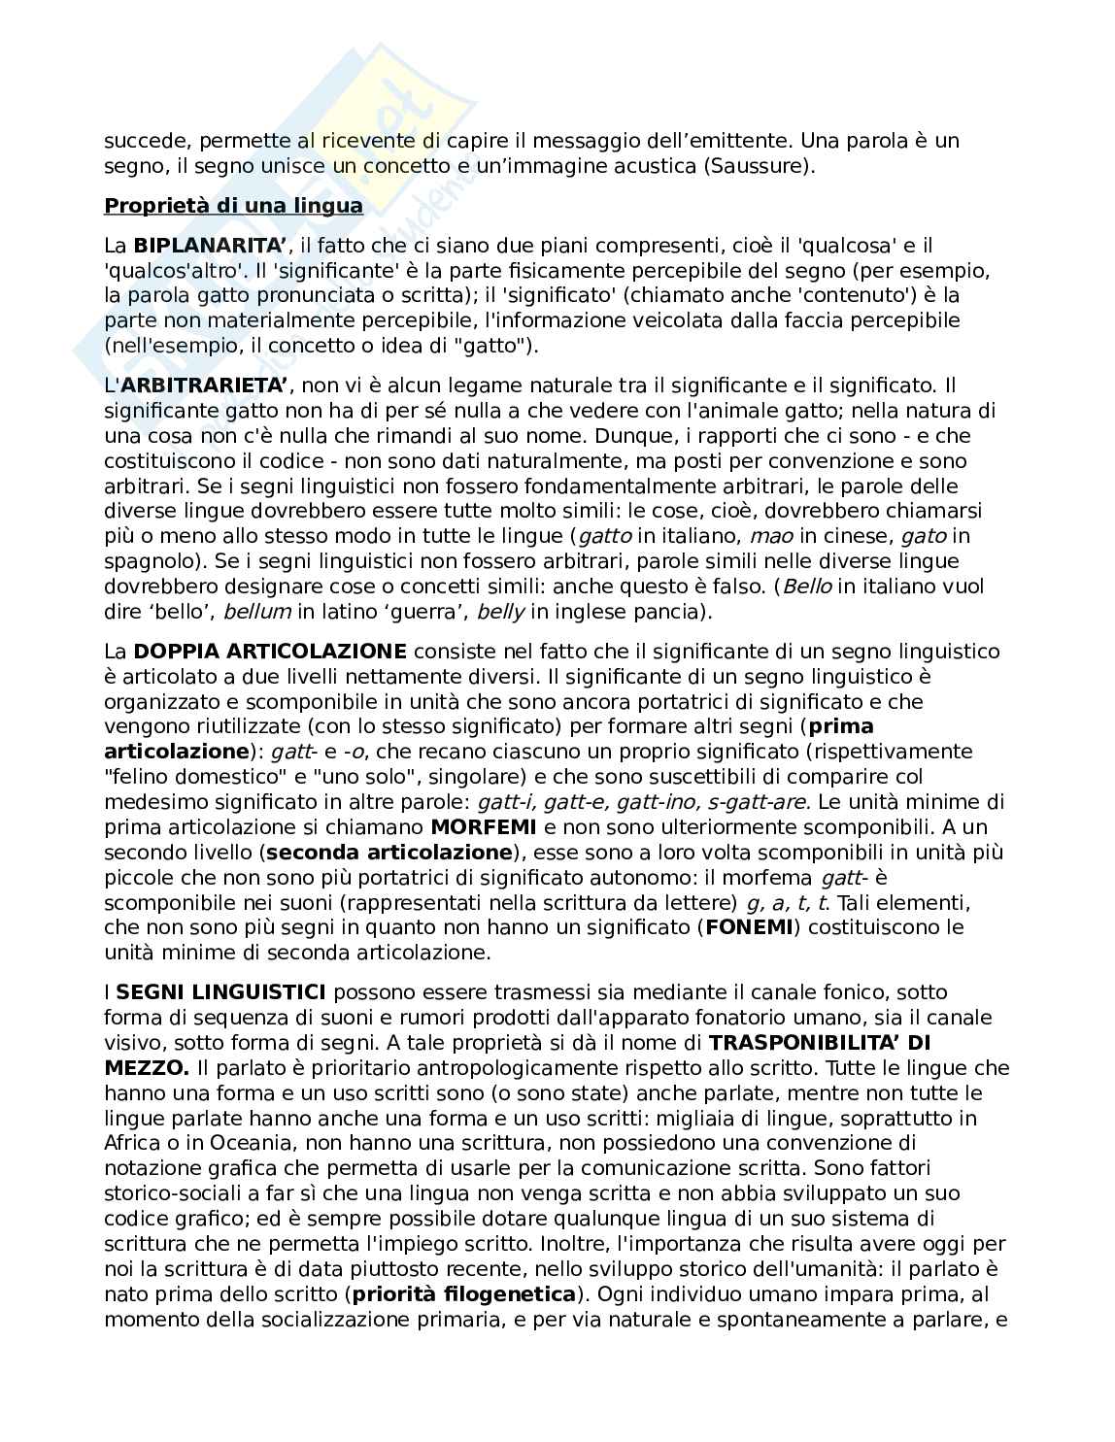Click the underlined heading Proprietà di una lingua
[x=233, y=206]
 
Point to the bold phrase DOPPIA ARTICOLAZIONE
[x=270, y=652]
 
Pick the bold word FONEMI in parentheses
[x=749, y=927]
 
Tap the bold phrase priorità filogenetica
[x=464, y=1293]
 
